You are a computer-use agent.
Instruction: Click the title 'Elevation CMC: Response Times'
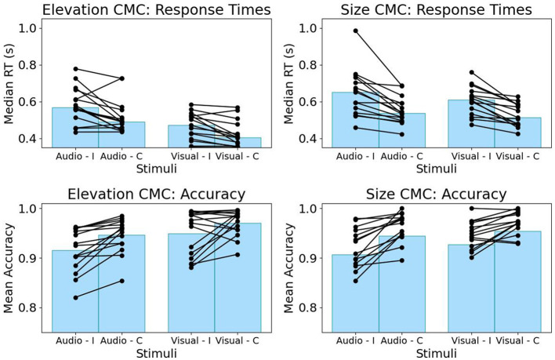point(157,9)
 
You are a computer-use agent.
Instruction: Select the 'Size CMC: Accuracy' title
point(436,194)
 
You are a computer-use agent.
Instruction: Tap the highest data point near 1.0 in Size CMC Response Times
point(355,31)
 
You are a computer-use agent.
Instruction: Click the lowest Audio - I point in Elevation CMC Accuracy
point(75,298)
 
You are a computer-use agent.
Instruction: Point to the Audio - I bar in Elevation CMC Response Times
point(75,127)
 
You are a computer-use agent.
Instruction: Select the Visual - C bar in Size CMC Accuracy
point(517,282)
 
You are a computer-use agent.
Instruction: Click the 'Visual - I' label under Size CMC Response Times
point(471,156)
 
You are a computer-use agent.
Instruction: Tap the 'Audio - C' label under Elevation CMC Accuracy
point(122,340)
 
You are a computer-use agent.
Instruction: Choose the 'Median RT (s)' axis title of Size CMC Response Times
point(288,84)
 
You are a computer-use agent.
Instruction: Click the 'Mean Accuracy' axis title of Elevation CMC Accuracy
point(8,268)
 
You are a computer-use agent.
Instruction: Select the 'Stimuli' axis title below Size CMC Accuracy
point(436,353)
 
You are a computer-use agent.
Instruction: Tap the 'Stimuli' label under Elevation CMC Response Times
point(157,169)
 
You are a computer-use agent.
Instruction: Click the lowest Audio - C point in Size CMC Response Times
point(401,134)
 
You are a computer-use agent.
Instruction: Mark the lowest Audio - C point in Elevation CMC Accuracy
point(122,281)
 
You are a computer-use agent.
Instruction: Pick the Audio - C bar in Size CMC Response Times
point(401,130)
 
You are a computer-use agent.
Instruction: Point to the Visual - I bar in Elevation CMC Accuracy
point(191,283)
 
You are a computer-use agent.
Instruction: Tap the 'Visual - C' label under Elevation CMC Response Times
point(238,156)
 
